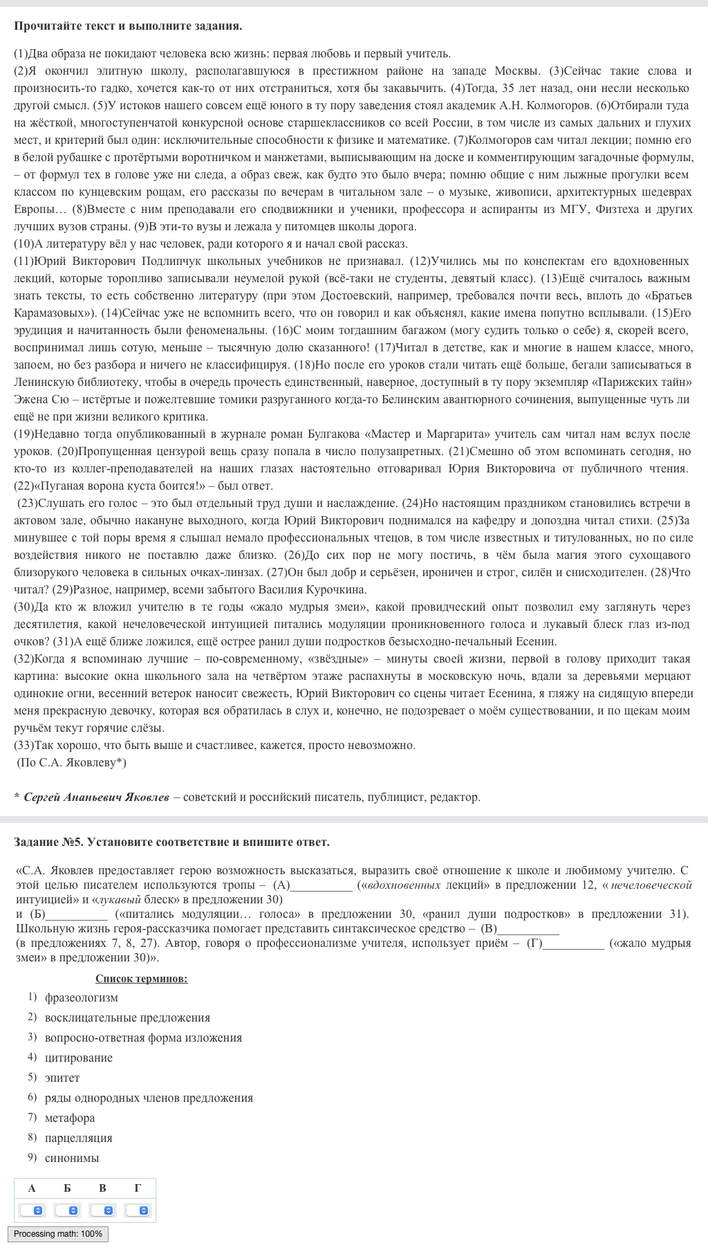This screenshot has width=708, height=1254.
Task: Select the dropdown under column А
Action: coord(32,1210)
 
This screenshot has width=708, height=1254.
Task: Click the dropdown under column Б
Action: coord(67,1210)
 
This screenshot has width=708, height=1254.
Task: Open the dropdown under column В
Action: coord(102,1210)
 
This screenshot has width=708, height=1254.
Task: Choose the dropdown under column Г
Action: coord(138,1210)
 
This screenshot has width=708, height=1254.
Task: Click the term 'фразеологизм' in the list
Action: coord(81,997)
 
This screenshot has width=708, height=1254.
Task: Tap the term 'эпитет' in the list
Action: coord(62,1078)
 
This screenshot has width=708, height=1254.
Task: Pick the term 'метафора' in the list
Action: coord(70,1118)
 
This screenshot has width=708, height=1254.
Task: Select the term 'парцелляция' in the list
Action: coord(78,1138)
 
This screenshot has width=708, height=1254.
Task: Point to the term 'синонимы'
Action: coord(72,1158)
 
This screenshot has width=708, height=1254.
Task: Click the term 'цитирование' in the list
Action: coord(78,1058)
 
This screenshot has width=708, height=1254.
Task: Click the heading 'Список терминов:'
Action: coord(141,978)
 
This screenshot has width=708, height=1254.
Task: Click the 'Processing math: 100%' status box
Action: coord(58,1234)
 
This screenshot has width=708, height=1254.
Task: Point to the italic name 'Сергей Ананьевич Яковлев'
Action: coord(96,797)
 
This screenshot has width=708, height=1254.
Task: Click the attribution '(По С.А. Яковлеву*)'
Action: coord(71,762)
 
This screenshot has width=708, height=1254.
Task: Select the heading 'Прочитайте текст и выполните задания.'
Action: coord(128,26)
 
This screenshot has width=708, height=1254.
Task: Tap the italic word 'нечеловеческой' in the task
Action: coord(651,885)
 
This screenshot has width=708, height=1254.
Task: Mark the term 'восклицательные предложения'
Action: coord(127,1017)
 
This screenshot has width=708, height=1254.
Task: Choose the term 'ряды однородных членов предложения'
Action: coord(149,1098)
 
